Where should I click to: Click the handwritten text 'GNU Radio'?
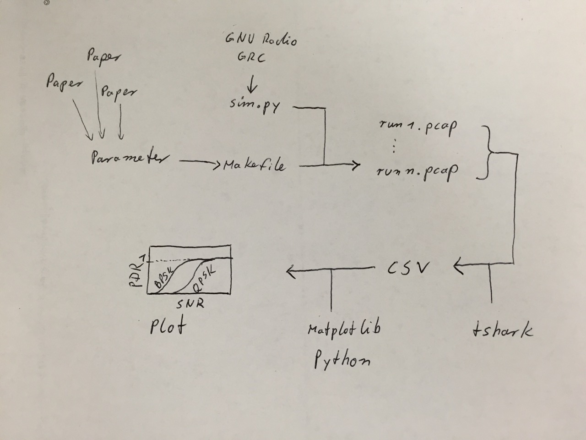(260, 40)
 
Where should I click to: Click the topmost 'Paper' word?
(104, 57)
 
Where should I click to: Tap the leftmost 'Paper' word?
(65, 82)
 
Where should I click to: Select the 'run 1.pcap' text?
(418, 128)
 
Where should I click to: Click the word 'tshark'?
(502, 330)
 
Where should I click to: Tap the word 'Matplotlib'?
(344, 329)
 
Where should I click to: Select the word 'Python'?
(342, 360)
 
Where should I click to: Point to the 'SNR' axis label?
(190, 303)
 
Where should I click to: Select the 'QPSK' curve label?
(205, 279)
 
